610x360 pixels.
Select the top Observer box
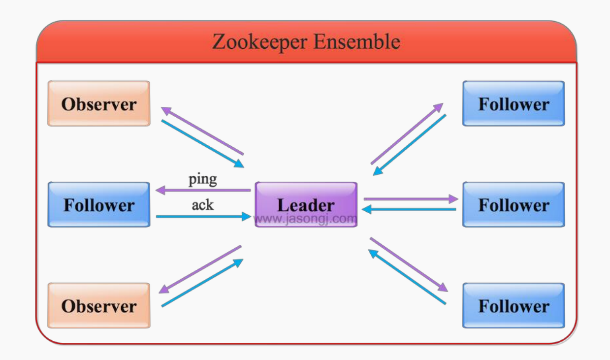[98, 104]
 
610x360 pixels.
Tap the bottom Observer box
[98, 306]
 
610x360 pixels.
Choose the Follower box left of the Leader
[98, 205]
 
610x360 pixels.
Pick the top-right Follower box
[514, 104]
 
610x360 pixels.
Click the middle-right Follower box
[514, 205]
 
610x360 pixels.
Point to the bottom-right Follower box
[514, 306]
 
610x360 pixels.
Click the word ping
[202, 179]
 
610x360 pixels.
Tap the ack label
[202, 204]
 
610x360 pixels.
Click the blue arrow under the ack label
[203, 216]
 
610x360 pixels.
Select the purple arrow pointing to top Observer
[202, 131]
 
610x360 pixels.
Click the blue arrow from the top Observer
[202, 143]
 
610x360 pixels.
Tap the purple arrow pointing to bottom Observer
[200, 269]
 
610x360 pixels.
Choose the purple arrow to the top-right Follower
[407, 133]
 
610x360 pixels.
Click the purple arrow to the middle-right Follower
[411, 199]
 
